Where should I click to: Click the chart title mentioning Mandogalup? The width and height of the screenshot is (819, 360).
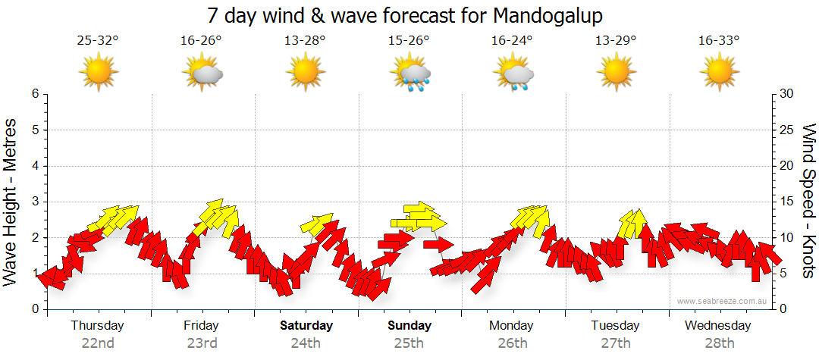(409, 15)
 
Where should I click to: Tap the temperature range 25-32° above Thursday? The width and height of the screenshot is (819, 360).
(98, 40)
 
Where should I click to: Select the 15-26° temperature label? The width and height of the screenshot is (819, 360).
(409, 40)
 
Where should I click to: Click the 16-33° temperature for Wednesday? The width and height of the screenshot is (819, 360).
(719, 40)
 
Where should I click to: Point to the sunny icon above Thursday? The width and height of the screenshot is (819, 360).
(99, 74)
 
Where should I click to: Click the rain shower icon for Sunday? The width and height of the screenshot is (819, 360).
(410, 74)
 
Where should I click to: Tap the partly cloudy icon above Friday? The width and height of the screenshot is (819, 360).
(202, 74)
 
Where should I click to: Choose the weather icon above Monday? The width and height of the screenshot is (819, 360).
(513, 74)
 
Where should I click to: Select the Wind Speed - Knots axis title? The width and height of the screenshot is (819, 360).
(808, 200)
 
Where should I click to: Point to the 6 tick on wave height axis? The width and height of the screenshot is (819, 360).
(34, 94)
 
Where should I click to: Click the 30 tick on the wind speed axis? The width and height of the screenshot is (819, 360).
(786, 94)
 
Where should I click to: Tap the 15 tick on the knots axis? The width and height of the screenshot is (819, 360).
(786, 202)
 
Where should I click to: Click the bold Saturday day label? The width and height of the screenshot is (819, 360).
(306, 326)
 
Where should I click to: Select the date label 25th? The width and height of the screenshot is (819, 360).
(409, 343)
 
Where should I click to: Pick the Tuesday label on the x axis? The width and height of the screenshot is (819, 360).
(615, 326)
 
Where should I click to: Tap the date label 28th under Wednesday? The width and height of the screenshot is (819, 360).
(718, 343)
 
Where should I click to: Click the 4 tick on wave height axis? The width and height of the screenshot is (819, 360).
(34, 166)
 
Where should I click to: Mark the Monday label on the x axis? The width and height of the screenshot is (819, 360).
(512, 326)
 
